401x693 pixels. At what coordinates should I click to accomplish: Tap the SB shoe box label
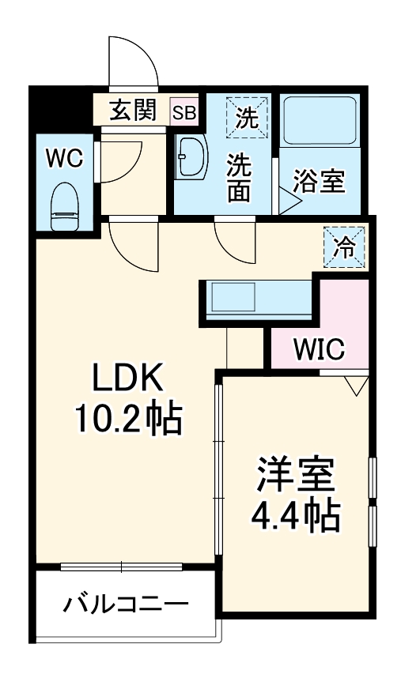[x=184, y=111]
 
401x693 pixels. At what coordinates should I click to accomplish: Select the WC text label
[x=63, y=158]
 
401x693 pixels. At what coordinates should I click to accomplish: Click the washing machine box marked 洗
[x=247, y=116]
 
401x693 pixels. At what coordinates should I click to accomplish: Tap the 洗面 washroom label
[x=241, y=177]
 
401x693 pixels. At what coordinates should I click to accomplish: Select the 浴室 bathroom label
[x=320, y=181]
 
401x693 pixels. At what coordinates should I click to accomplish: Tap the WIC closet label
[x=320, y=348]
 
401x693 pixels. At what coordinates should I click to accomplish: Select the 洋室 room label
[x=294, y=475]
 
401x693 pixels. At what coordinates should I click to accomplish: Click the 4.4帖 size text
[x=294, y=516]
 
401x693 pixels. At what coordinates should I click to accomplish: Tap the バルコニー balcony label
[x=127, y=607]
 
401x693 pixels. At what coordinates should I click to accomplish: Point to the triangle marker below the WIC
[x=355, y=386]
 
